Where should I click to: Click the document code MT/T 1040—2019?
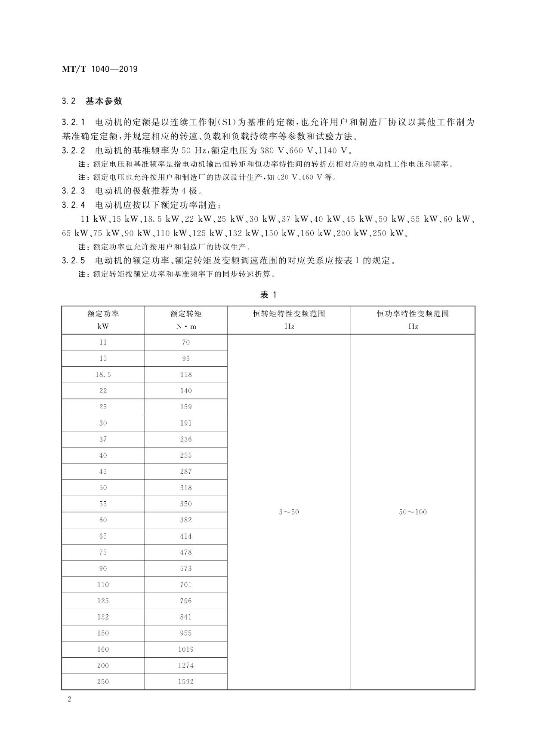[100, 69]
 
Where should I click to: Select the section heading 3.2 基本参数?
[92, 101]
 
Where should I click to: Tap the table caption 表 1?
[268, 294]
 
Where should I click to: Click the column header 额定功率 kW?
[103, 320]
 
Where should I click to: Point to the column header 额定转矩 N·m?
[186, 320]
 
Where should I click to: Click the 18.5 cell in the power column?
[103, 374]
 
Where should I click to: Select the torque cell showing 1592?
[186, 681]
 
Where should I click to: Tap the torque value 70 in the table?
[186, 342]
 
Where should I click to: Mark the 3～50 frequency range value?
[289, 512]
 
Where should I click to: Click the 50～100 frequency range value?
[413, 512]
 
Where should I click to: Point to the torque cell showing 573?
[186, 568]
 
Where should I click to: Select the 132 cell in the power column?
[103, 617]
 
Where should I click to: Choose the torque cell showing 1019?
[186, 649]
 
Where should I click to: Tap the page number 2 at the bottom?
[69, 699]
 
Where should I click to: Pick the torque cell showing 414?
[186, 536]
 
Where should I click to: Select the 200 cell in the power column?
[103, 665]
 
